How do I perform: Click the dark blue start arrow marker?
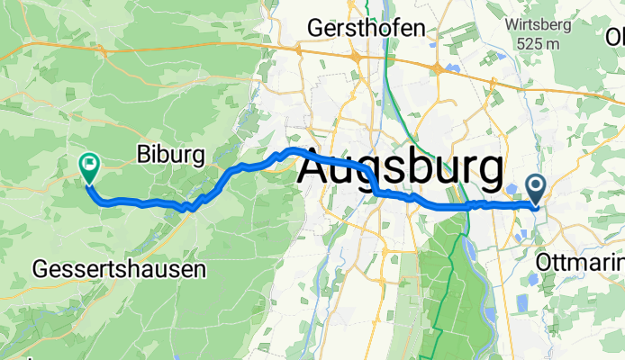tap(536, 189)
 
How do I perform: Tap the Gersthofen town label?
tap(365, 28)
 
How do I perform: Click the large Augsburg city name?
tap(400, 168)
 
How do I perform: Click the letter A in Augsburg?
tap(315, 168)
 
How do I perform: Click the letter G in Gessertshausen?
tap(40, 268)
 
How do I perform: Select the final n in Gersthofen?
tap(418, 28)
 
